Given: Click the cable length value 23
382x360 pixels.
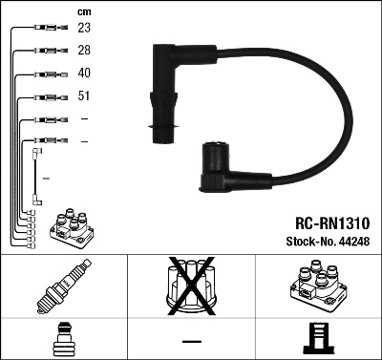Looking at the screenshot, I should coord(84,29).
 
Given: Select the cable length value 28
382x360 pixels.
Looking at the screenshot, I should coord(84,51).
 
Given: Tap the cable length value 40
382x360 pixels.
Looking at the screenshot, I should coord(84,74).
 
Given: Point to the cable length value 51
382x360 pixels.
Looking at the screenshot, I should coord(84,96).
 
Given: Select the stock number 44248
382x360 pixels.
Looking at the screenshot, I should coord(354,242).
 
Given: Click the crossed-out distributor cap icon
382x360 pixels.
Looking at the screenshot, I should coord(192,287).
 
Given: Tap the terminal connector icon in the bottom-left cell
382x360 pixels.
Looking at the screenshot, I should coord(63,340).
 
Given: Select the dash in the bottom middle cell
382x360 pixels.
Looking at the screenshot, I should coord(192,341).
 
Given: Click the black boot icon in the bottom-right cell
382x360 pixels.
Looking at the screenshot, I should coord(318,340).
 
